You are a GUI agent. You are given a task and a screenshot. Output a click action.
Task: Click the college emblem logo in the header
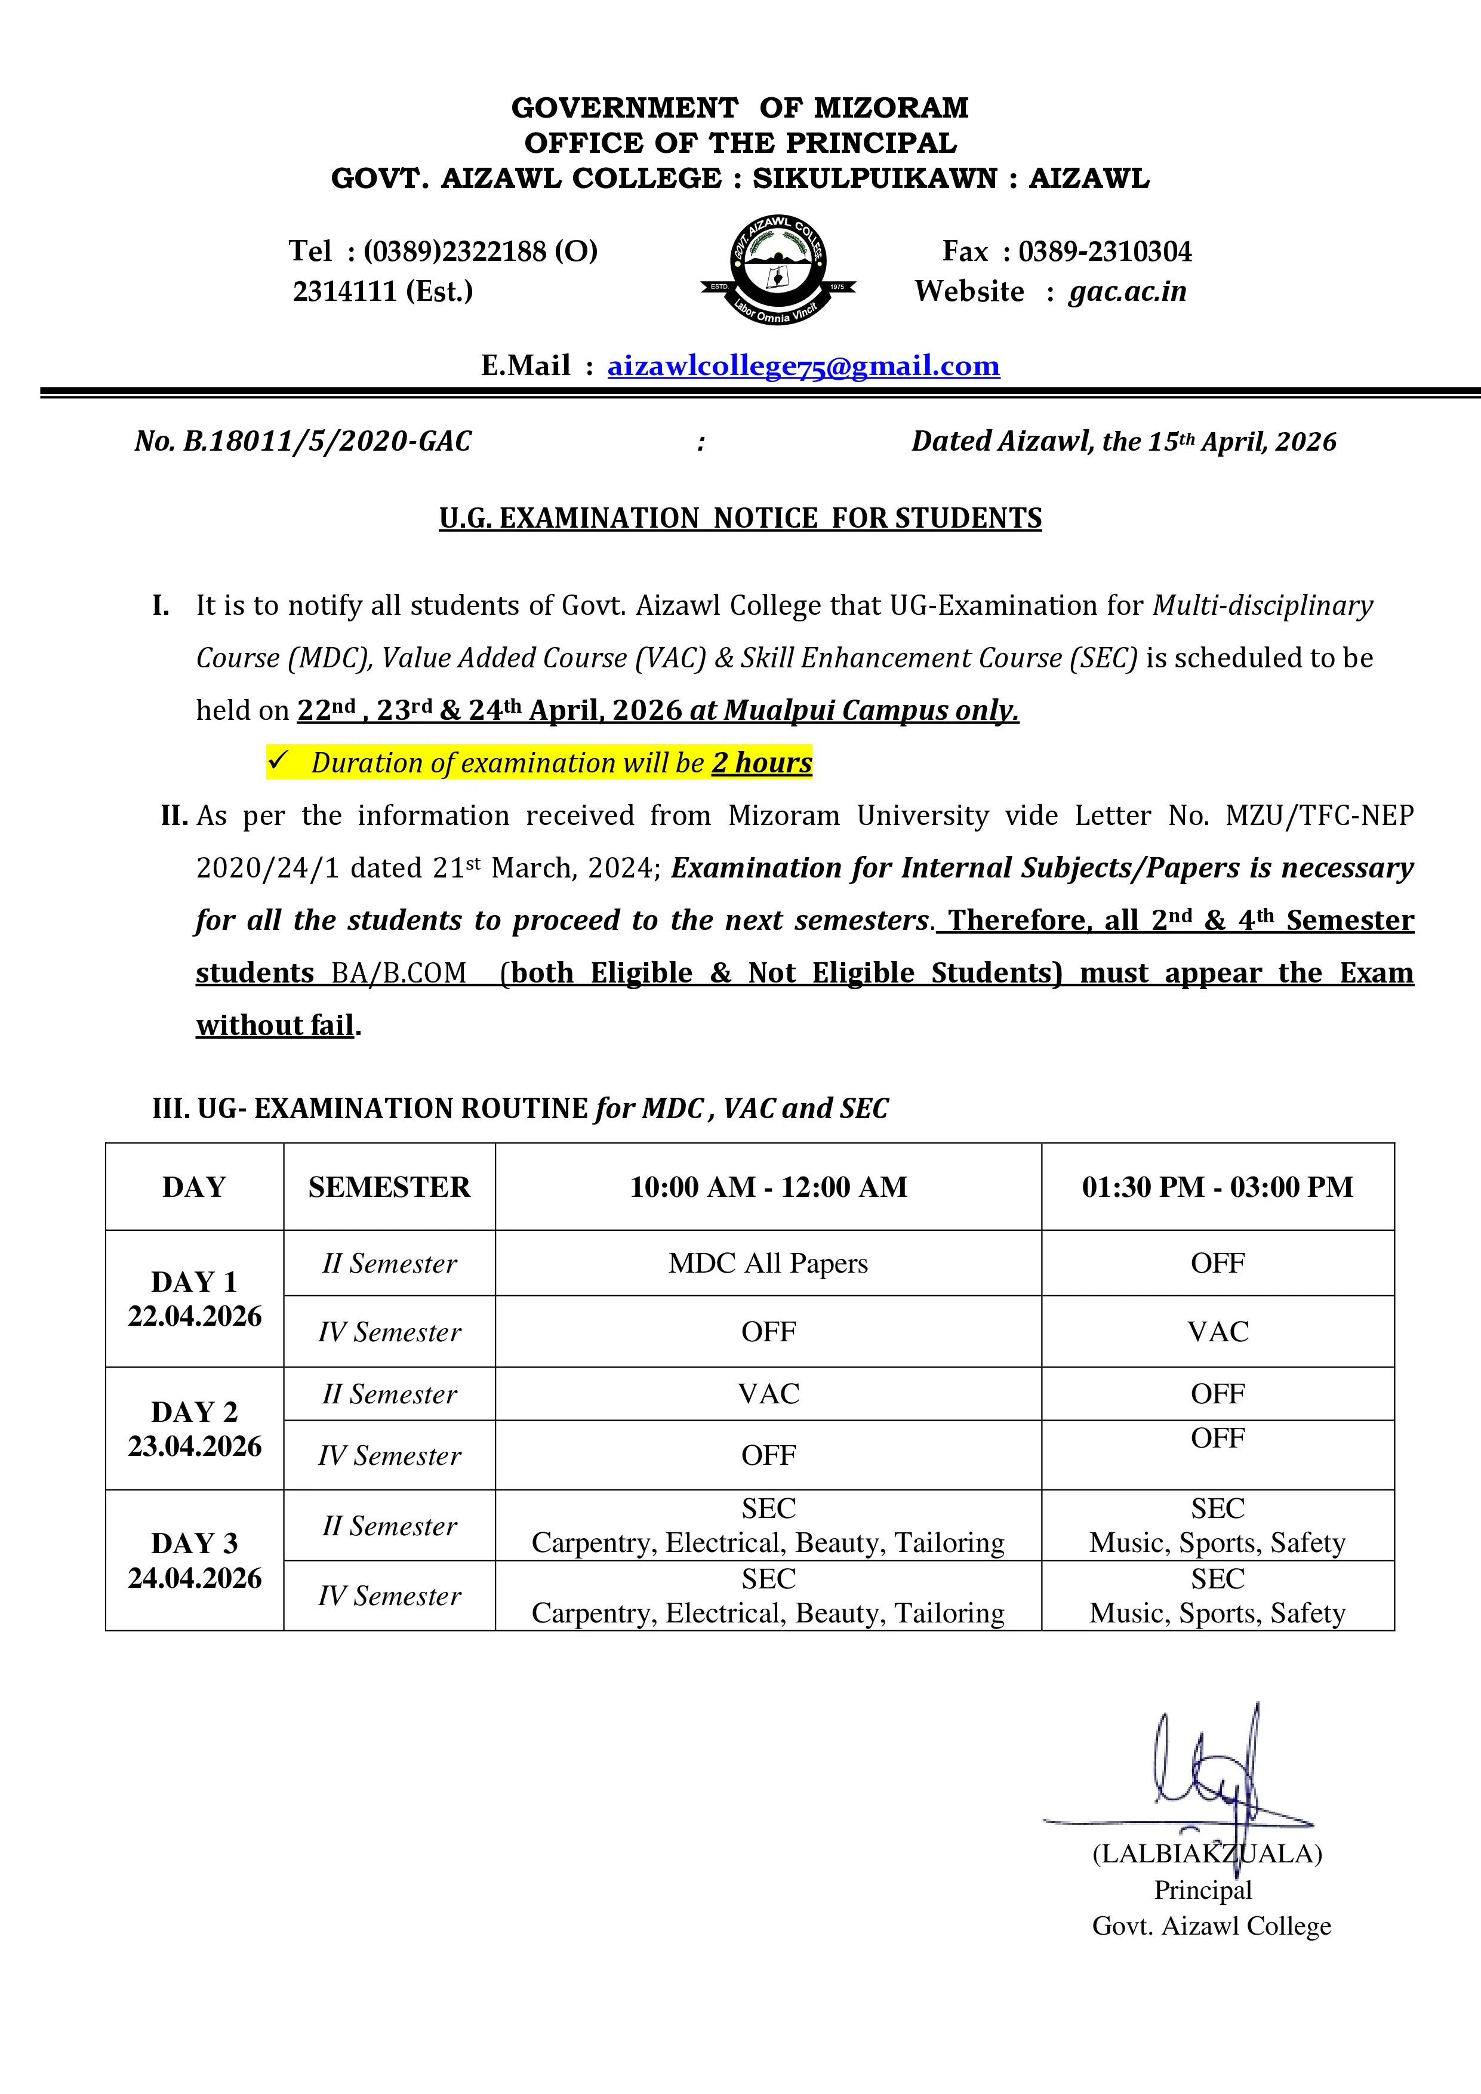[777, 270]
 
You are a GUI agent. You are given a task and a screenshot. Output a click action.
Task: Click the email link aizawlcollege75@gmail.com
[803, 366]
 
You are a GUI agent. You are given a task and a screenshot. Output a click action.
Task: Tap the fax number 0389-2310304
[1104, 252]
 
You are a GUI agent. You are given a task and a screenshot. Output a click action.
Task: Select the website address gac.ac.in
[1127, 292]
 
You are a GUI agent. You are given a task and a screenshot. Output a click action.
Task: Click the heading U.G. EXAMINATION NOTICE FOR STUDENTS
[740, 518]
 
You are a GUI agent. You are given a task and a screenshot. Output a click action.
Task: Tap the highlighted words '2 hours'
[762, 762]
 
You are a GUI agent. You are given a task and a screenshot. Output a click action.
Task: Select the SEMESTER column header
[389, 1187]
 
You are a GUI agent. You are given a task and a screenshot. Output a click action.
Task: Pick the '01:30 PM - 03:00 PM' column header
[1217, 1187]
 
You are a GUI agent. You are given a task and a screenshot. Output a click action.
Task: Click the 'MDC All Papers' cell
[768, 1263]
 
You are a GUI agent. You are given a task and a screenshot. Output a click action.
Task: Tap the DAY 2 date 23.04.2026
[194, 1446]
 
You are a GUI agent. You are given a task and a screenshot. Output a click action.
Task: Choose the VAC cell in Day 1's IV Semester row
[1217, 1332]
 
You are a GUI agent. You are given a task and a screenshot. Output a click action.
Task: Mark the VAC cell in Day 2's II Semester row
[768, 1394]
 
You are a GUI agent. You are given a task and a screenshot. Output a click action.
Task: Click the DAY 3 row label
[194, 1543]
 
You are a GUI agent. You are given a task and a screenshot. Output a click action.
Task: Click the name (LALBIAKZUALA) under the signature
[1206, 1853]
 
